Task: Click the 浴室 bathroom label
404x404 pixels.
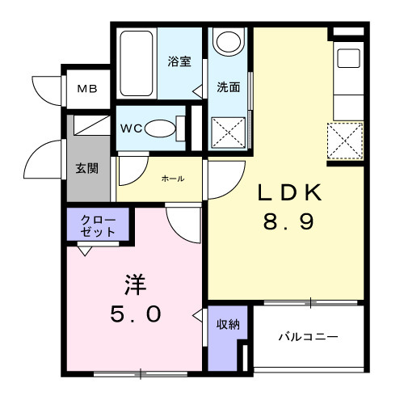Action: tap(179, 61)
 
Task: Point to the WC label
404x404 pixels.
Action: tap(132, 128)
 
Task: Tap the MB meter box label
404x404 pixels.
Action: tap(86, 89)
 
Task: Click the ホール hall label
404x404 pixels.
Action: tap(172, 179)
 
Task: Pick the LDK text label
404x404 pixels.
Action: tap(289, 193)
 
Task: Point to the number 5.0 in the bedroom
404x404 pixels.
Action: tap(135, 313)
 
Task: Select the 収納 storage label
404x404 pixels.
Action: tap(227, 324)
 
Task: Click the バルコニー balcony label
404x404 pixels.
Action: tap(308, 336)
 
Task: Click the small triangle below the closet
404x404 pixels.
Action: tap(83, 250)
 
